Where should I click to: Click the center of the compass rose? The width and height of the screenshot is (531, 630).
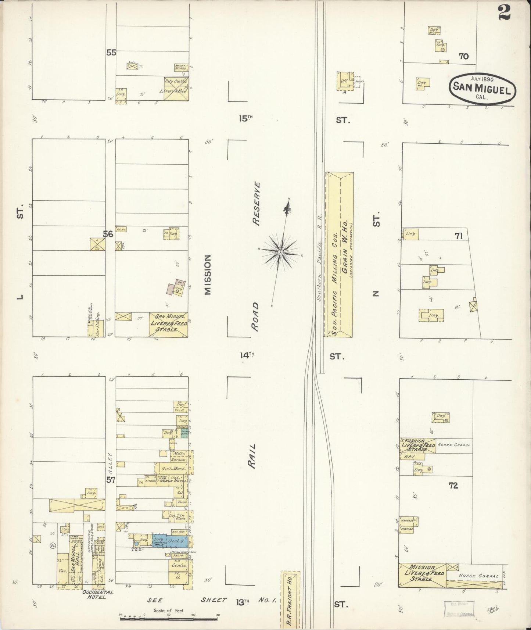tap(280, 252)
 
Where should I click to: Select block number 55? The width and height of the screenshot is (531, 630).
tap(111, 53)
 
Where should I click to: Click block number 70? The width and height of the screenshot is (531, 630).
tap(464, 56)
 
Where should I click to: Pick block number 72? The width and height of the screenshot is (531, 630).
tap(453, 486)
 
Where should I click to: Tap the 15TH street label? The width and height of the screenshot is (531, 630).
tap(247, 118)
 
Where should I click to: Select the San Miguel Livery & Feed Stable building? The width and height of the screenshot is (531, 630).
tap(168, 324)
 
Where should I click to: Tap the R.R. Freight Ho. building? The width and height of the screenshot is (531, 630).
tap(290, 600)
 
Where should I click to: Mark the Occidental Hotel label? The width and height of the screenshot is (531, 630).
tap(93, 594)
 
